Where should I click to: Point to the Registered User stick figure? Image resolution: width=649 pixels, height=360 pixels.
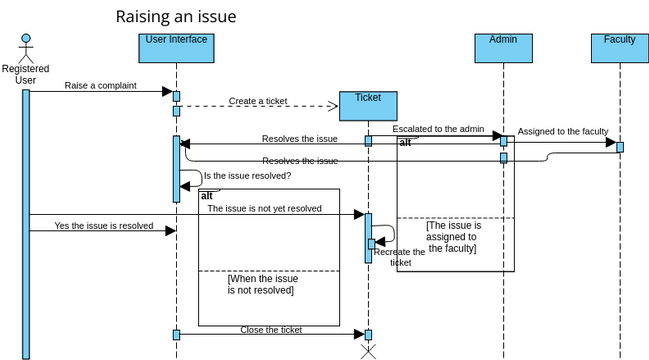(x=26, y=47)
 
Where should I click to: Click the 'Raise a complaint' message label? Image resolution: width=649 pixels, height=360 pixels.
(x=100, y=86)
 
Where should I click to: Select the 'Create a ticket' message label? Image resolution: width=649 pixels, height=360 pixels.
(x=258, y=100)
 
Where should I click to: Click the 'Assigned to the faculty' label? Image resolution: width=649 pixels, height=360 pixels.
(x=562, y=131)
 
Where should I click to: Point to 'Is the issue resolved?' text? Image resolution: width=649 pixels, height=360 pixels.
(x=247, y=176)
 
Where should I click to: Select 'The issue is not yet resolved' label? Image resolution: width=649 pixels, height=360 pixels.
(x=264, y=209)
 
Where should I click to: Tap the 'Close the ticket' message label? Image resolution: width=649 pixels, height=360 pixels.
(x=270, y=329)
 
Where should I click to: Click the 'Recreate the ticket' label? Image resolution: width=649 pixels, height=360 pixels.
(x=399, y=257)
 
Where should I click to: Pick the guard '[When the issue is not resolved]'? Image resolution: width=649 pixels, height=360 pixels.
(x=260, y=284)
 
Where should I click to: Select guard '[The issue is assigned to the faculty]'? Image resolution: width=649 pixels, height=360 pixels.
(x=453, y=237)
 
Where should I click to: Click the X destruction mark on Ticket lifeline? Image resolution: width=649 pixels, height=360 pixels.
(x=368, y=351)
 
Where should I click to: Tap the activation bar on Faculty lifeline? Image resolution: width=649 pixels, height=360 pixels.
(x=620, y=147)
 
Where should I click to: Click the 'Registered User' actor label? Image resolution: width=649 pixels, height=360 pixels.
(x=26, y=74)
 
